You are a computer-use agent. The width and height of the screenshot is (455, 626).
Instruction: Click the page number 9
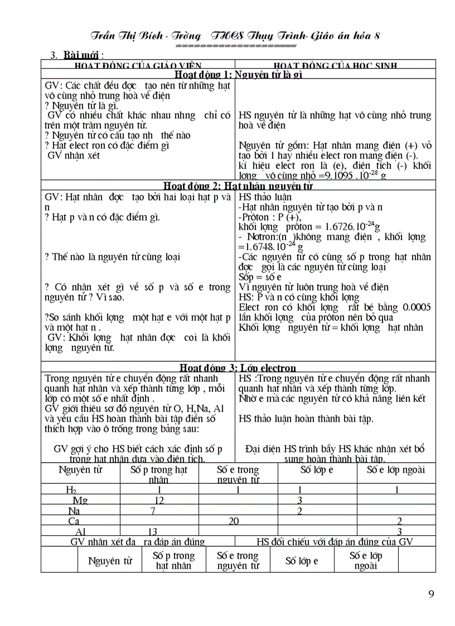point(431,593)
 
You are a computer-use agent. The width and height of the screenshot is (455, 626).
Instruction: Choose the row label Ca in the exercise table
point(74,521)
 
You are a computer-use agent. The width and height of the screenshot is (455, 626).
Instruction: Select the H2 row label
point(71,490)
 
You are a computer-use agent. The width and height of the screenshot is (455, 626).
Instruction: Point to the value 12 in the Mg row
point(159,500)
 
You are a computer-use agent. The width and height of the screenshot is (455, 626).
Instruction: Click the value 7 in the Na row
point(152,511)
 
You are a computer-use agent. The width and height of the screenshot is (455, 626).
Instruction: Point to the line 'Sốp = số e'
point(260,277)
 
